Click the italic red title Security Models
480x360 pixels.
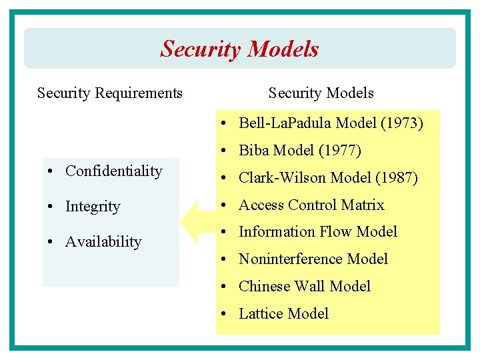tap(239, 49)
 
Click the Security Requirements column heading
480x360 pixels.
tap(110, 93)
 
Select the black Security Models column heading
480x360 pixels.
tap(321, 93)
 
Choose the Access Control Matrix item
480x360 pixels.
tap(311, 205)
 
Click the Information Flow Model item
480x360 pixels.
tap(317, 232)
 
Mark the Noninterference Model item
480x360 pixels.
tap(313, 259)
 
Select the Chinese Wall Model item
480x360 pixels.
tap(304, 287)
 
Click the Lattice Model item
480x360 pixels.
tap(283, 314)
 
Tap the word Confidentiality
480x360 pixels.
tap(113, 171)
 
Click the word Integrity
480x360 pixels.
tap(93, 207)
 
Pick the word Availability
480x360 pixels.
tap(103, 242)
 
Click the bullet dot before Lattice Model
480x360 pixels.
tap(227, 314)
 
